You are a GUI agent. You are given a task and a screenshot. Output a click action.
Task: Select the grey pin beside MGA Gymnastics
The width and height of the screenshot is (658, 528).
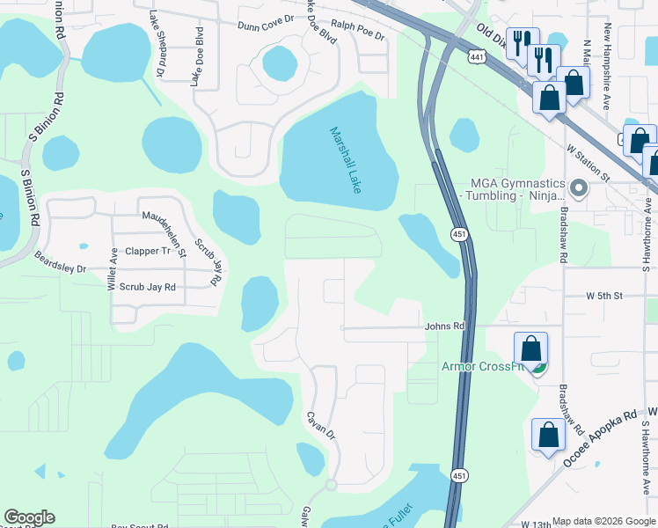click(579, 188)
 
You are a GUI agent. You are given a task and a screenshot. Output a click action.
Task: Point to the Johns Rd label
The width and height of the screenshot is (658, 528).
click(443, 326)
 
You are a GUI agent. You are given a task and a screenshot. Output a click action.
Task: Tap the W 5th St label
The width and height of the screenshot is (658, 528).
click(604, 297)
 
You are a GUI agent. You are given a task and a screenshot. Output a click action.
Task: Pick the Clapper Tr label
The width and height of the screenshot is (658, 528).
click(148, 251)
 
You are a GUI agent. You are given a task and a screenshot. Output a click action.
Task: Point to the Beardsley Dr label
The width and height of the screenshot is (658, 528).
click(60, 263)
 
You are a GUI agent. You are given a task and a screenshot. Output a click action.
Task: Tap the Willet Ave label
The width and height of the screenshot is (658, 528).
click(113, 268)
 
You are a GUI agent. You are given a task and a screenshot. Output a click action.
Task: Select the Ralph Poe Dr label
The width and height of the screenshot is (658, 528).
click(357, 33)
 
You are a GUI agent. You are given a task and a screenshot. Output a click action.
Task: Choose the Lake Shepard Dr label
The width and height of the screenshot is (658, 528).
click(157, 42)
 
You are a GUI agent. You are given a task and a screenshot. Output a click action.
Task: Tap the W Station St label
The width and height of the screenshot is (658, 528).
click(589, 164)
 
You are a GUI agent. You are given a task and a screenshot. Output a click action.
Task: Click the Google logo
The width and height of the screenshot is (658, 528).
click(29, 517)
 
